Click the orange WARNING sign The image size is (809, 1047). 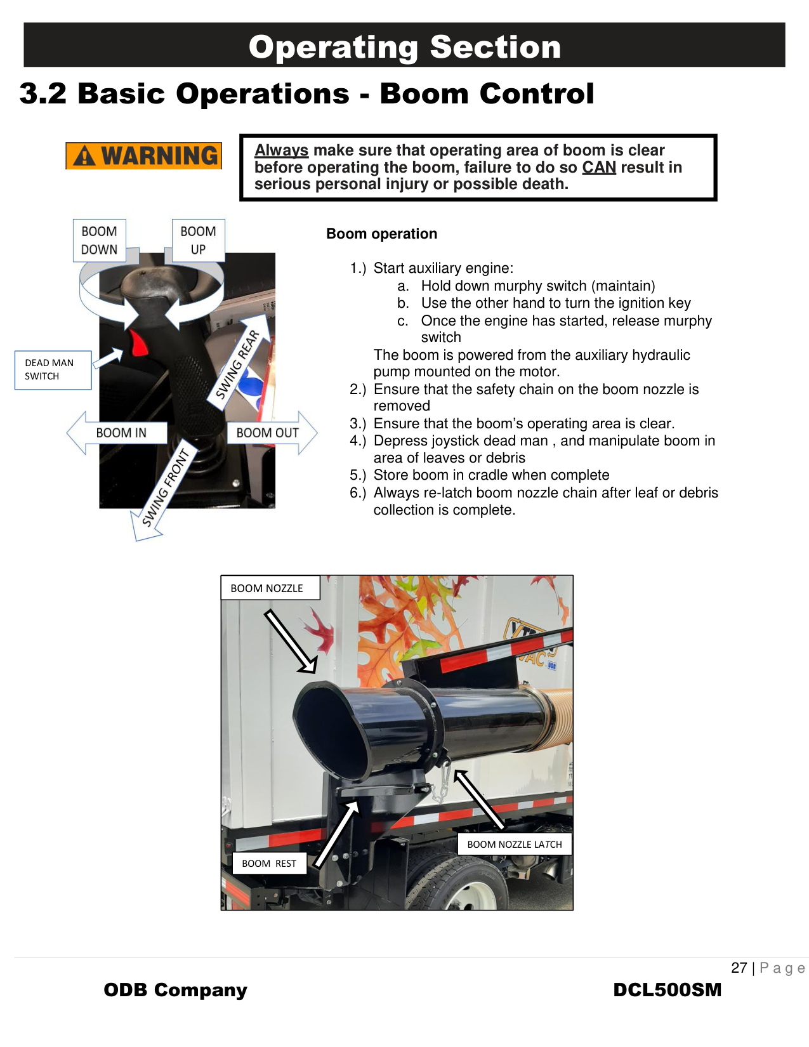(144, 156)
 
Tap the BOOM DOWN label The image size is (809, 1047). (99, 240)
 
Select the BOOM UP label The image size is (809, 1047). (198, 240)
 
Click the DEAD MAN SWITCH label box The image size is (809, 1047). (53, 370)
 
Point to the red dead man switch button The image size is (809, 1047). (138, 343)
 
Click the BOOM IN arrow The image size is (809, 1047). (117, 433)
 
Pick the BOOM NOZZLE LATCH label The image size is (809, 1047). (514, 845)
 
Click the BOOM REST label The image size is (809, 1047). (269, 864)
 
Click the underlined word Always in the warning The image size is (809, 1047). (281, 150)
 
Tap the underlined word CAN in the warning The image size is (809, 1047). (599, 168)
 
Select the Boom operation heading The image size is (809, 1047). (381, 234)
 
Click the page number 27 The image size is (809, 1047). (739, 968)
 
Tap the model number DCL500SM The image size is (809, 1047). (667, 990)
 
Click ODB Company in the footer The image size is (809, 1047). (175, 990)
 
